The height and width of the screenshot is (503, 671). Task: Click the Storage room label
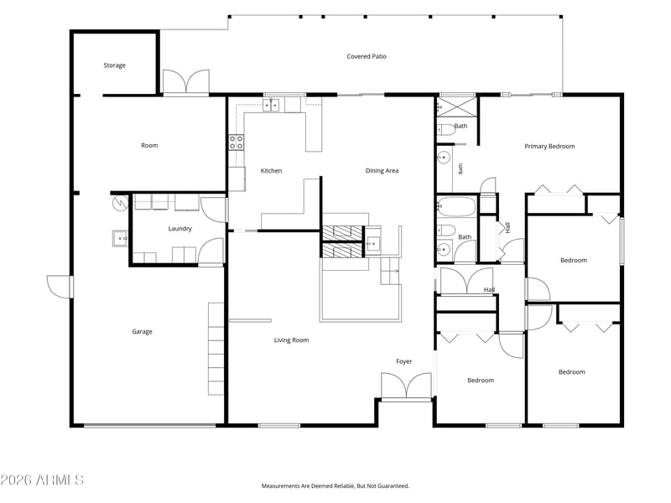tap(114, 65)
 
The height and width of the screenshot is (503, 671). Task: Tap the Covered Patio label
tap(367, 56)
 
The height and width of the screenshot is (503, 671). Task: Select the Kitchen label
tap(271, 171)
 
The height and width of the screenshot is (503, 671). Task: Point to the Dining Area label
tap(382, 171)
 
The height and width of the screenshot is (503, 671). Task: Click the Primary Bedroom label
tap(549, 146)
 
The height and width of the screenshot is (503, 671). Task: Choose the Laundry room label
tap(179, 229)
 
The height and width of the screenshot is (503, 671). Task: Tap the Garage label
tap(142, 331)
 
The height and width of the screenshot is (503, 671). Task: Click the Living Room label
tap(291, 340)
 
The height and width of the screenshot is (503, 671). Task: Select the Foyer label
tap(404, 361)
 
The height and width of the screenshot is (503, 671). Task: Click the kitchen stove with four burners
tap(237, 142)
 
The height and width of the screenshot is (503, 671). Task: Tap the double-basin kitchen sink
tap(271, 105)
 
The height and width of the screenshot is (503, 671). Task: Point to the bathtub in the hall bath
tap(456, 206)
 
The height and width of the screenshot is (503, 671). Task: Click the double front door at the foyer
tap(406, 386)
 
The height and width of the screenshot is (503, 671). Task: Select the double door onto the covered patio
tap(186, 81)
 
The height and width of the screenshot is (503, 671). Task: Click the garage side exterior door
tap(60, 287)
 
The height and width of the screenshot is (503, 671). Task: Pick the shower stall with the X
tap(456, 106)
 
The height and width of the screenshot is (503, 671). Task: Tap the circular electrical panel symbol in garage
tap(120, 203)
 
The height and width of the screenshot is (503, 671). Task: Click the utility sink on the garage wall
tap(120, 238)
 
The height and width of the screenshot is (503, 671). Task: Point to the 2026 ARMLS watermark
tap(42, 480)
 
